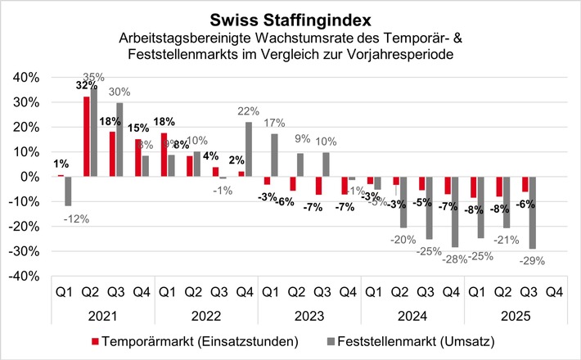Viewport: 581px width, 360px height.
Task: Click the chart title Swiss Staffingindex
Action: pyautogui.click(x=290, y=17)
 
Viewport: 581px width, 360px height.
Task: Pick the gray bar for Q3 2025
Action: pyautogui.click(x=533, y=213)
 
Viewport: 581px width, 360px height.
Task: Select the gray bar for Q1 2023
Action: pyautogui.click(x=274, y=155)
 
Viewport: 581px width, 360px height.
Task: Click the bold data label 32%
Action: pyautogui.click(x=85, y=85)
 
